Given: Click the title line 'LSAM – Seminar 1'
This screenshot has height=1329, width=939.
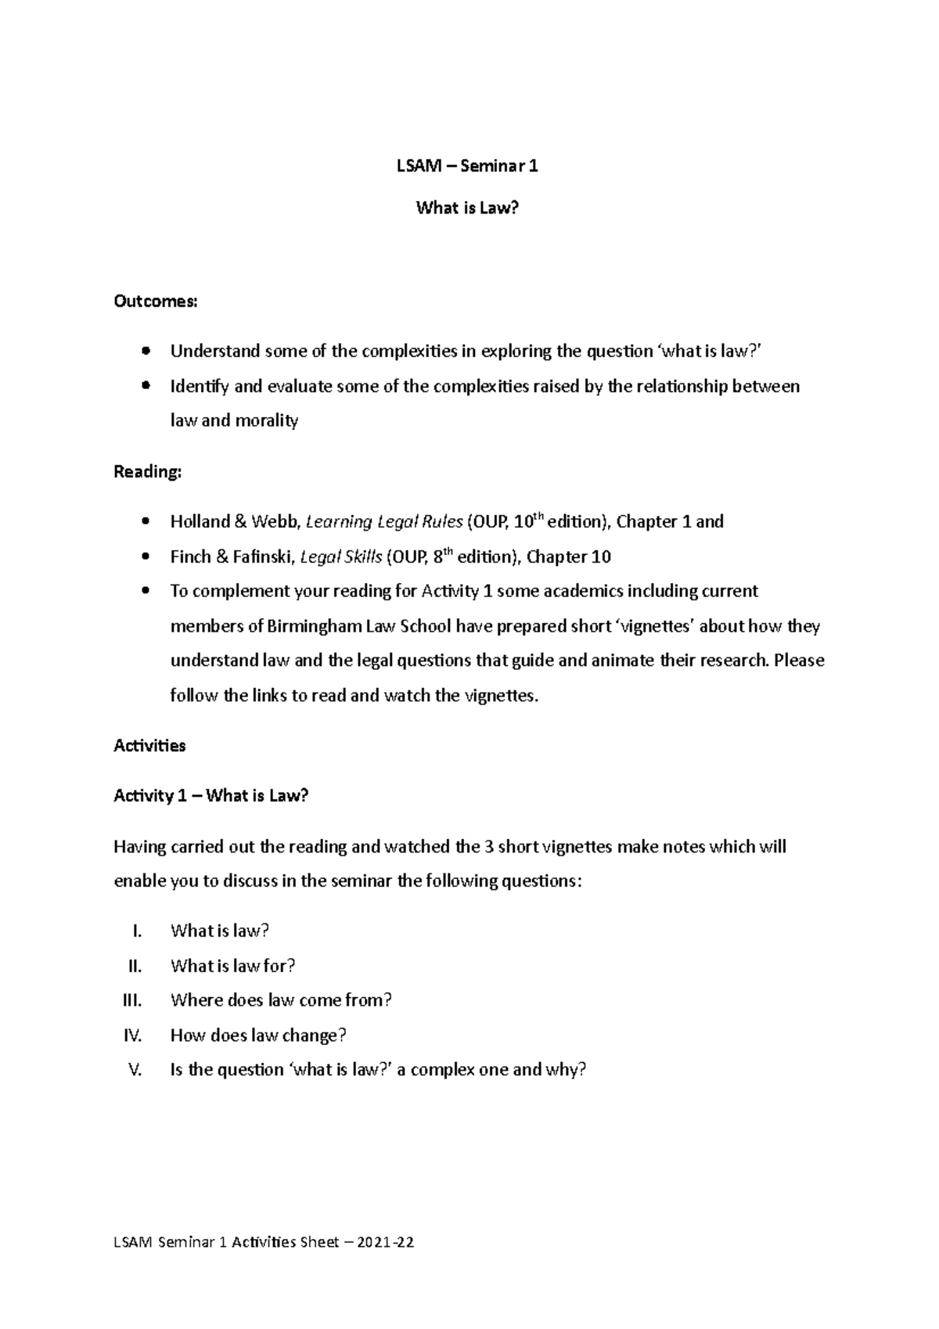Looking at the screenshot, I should [x=467, y=166].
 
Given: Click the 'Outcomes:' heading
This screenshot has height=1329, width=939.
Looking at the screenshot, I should [x=156, y=301].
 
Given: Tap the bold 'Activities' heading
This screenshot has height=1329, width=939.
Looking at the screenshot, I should [x=149, y=745].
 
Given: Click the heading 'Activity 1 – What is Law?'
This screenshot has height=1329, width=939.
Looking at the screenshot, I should [x=211, y=796].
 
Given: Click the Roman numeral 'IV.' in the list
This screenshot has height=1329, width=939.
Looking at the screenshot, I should [x=133, y=1035].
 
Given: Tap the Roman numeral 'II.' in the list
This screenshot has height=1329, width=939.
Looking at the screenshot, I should [x=135, y=966].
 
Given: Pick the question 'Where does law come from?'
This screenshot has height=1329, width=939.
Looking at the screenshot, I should [x=281, y=1000].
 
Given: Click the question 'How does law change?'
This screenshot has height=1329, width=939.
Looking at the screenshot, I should [x=258, y=1035].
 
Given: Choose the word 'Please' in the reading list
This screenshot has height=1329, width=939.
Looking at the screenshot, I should [x=798, y=661].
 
